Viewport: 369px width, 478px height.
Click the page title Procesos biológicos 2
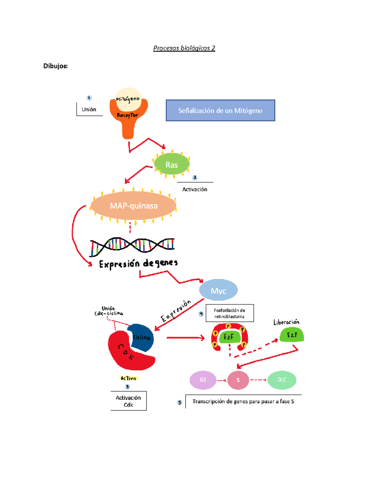click(x=184, y=48)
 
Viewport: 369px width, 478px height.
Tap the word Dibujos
click(x=55, y=66)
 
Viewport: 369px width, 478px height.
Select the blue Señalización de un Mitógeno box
click(x=220, y=110)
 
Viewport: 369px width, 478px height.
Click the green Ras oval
click(x=172, y=165)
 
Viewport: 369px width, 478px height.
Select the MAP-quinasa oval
click(x=133, y=206)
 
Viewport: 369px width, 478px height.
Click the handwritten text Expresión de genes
click(x=138, y=264)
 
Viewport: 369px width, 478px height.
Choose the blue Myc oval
click(x=218, y=290)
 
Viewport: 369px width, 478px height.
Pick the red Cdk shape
click(x=126, y=354)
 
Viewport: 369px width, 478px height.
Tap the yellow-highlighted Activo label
click(x=129, y=378)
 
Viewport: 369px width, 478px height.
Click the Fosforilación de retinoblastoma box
click(x=229, y=313)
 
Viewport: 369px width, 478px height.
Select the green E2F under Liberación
click(x=292, y=335)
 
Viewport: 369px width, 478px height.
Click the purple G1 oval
click(x=203, y=380)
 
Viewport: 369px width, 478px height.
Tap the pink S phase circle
click(x=238, y=380)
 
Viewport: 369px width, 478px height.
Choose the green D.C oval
click(x=282, y=380)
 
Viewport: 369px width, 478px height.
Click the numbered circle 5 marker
click(x=180, y=403)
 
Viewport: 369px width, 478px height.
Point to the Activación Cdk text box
click(x=128, y=401)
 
